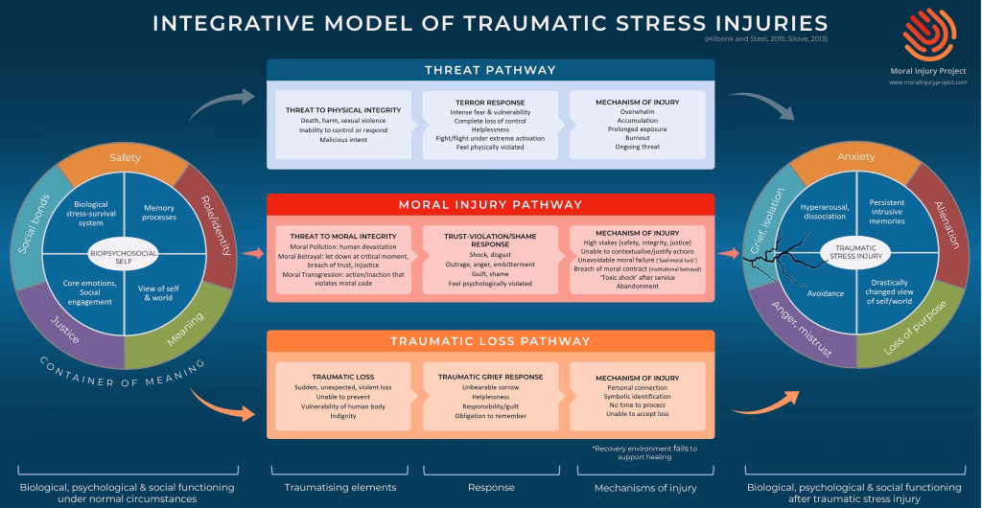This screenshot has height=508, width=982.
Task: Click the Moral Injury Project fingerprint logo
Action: click(x=929, y=33)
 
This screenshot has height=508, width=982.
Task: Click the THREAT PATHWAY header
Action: click(x=490, y=71)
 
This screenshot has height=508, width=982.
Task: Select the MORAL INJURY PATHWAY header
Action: click(x=490, y=205)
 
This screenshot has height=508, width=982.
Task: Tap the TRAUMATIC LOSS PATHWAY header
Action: click(x=490, y=341)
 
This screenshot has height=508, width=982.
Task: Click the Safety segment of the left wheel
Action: click(x=126, y=157)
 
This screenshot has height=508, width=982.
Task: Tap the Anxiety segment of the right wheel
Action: click(x=855, y=157)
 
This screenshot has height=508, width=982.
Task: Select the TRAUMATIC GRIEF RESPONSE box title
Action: click(x=490, y=378)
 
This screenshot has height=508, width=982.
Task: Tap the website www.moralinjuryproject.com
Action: click(x=927, y=82)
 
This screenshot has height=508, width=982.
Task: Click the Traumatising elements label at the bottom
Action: click(x=340, y=488)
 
